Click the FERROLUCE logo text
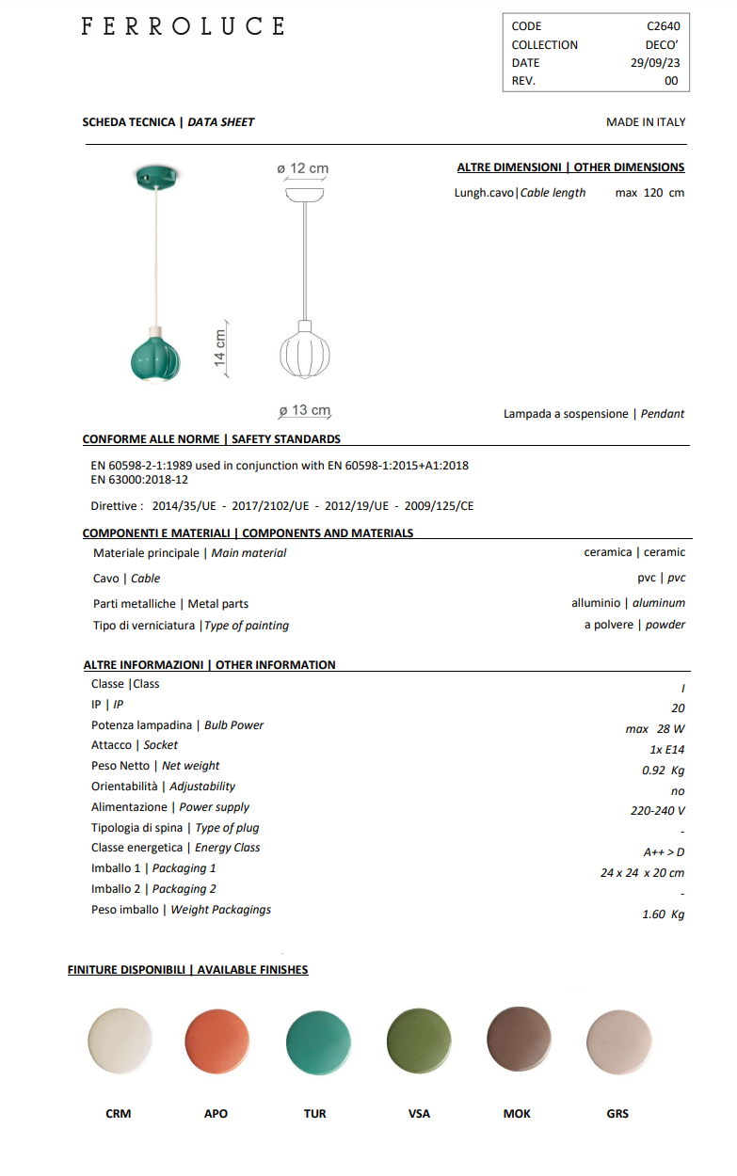[183, 27]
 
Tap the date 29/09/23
[654, 63]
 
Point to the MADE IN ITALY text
[646, 122]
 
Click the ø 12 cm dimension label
[303, 168]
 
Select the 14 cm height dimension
[220, 348]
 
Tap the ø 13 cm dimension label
[305, 411]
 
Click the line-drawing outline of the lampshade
[305, 352]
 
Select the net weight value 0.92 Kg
[663, 771]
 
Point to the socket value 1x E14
[666, 750]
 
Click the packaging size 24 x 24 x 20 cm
[642, 873]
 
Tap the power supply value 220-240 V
[657, 811]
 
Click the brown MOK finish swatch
[519, 1040]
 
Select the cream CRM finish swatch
[120, 1042]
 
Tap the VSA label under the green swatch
[419, 1114]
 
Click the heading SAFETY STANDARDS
[286, 439]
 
